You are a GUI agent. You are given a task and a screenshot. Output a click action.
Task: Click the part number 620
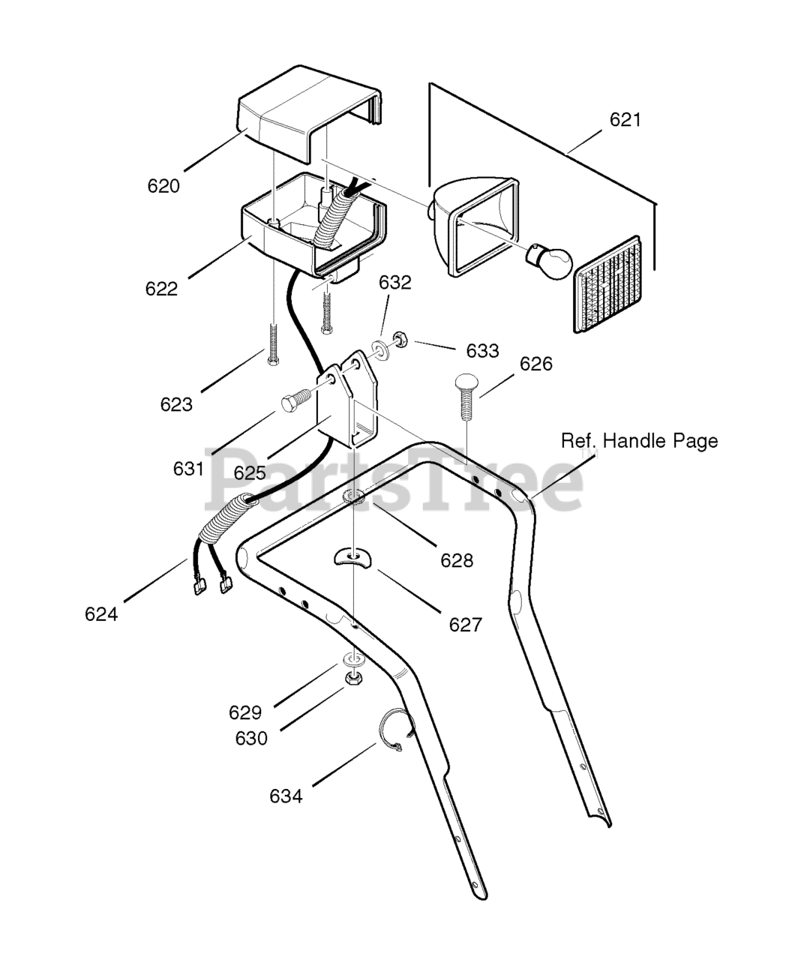click(163, 186)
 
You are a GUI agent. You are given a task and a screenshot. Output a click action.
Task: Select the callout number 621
click(625, 119)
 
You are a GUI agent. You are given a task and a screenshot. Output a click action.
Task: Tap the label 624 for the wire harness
click(101, 614)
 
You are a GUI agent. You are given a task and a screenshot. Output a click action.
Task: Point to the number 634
click(286, 808)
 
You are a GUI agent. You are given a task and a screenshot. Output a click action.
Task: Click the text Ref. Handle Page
click(640, 441)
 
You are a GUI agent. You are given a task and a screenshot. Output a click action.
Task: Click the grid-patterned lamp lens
click(607, 284)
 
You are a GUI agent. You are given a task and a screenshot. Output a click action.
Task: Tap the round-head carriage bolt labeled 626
click(466, 397)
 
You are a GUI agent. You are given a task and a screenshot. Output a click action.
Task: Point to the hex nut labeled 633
click(398, 341)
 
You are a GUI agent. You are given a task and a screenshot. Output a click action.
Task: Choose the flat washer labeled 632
click(380, 348)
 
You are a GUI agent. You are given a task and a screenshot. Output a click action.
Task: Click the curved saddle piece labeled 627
click(352, 557)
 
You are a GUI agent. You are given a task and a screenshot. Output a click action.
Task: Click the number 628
click(457, 560)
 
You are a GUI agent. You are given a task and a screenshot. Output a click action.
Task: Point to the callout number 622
click(161, 289)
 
